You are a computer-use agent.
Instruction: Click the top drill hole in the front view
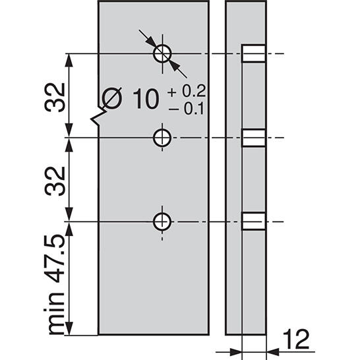162,53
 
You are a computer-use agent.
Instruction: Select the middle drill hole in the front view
162,138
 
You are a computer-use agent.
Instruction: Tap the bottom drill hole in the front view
162,222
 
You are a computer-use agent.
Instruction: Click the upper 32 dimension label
57,97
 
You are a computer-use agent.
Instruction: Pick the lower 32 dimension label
57,180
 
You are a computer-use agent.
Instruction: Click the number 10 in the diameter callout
145,100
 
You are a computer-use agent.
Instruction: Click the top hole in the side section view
254,53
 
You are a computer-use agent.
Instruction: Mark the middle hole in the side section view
254,138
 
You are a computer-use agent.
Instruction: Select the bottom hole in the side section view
254,222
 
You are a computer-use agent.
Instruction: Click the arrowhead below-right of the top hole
174,65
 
